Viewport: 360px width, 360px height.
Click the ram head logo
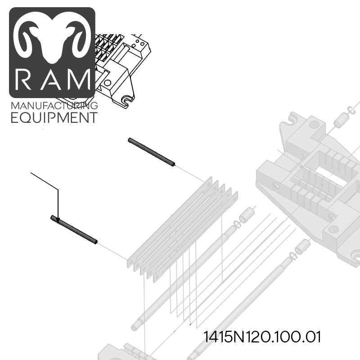(52, 37)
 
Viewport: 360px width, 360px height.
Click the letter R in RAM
(23, 80)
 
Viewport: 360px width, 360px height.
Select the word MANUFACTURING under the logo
(54, 106)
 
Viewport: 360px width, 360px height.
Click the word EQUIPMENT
(54, 117)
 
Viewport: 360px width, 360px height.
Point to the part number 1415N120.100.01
(262, 337)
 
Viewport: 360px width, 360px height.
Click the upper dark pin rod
(152, 152)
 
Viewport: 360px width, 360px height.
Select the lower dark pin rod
(74, 229)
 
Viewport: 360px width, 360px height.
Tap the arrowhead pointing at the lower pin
(58, 220)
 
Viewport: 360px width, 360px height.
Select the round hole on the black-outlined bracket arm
(107, 83)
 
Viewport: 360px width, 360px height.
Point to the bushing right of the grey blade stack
(246, 215)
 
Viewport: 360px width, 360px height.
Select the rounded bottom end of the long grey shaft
(135, 328)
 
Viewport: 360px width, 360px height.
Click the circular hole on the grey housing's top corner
(314, 125)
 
